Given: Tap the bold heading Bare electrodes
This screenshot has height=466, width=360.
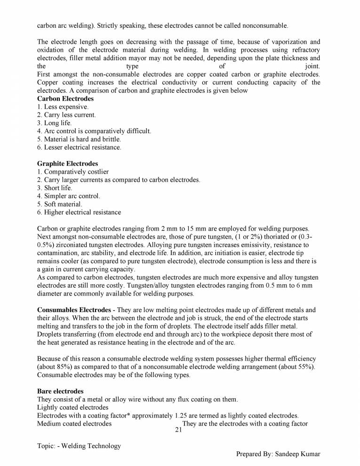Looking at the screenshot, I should tap(60, 391).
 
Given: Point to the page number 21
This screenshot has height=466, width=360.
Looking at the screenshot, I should tap(178, 430).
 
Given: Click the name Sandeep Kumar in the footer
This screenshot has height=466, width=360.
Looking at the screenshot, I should tap(296, 454).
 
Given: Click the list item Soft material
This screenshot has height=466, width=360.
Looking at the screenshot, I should tap(59, 204).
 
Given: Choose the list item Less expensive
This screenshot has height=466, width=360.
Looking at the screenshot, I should tap(63, 107).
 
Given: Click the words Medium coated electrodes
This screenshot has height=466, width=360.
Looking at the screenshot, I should tap(74, 424).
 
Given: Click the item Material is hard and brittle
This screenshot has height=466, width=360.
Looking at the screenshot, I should tap(79, 139).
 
